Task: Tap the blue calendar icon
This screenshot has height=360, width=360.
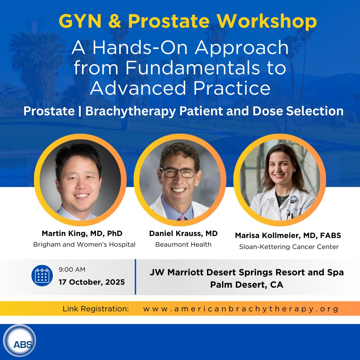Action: [x=42, y=275]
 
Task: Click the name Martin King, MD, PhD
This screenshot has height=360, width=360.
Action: [x=82, y=233]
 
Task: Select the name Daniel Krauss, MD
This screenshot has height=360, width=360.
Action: [x=183, y=233]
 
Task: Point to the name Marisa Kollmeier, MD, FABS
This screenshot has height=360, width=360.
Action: [x=288, y=236]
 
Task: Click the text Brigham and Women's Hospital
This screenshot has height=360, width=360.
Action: [x=84, y=244]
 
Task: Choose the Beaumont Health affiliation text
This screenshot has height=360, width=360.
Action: [x=183, y=244]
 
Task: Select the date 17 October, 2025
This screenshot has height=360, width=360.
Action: [x=92, y=282]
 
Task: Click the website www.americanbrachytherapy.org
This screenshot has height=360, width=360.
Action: [x=241, y=309]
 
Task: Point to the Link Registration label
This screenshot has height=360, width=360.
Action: [x=96, y=309]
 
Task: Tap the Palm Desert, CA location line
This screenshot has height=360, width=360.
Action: [x=247, y=285]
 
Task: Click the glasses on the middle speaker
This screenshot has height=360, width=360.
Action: [x=178, y=173]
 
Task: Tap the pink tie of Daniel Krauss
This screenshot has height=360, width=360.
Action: [x=182, y=218]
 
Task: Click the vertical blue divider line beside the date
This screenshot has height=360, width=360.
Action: [x=135, y=277]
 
